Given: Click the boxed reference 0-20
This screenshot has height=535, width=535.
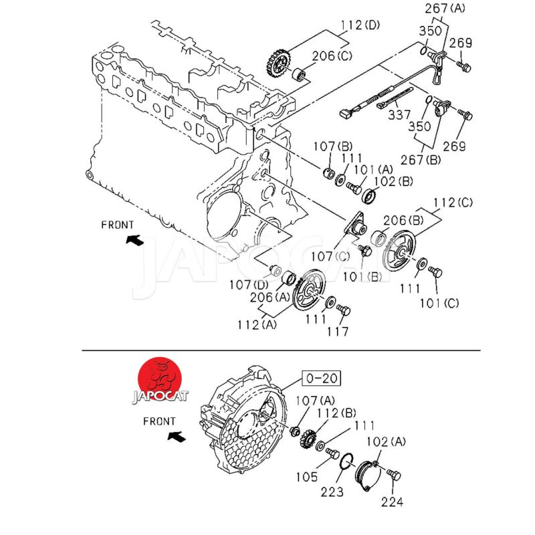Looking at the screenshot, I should click(320, 379).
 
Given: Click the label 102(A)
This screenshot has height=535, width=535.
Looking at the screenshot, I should click(387, 441).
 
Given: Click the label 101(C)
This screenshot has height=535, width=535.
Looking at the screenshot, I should click(440, 303).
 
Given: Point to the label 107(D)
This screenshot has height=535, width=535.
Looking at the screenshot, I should click(249, 284).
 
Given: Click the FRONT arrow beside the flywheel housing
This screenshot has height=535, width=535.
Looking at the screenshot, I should click(176, 437).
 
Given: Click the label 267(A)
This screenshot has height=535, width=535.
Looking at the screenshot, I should click(445, 8).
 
